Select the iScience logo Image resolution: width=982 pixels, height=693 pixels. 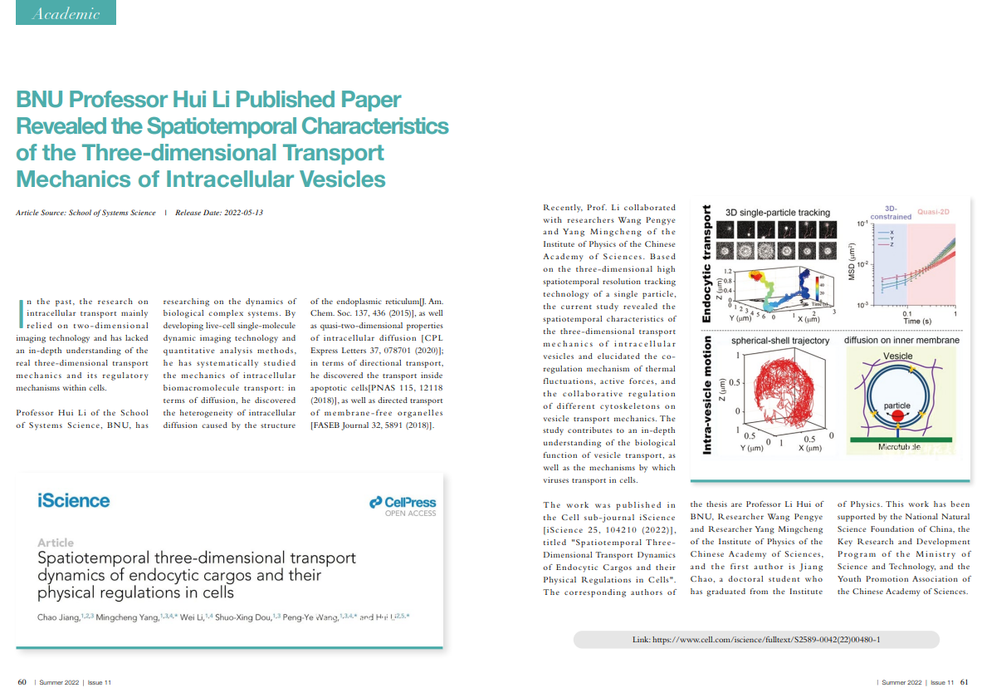pos(73,500)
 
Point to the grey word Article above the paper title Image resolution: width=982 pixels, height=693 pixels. pos(55,543)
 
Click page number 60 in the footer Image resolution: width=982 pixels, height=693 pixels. pos(22,682)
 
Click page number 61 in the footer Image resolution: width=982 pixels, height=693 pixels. pos(964,682)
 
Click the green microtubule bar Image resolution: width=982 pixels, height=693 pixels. pos(901,437)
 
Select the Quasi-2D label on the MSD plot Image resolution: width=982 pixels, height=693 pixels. pos(933,212)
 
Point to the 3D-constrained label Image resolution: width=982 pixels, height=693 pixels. pos(892,213)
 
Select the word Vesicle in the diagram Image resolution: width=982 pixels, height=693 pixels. pos(897,356)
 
